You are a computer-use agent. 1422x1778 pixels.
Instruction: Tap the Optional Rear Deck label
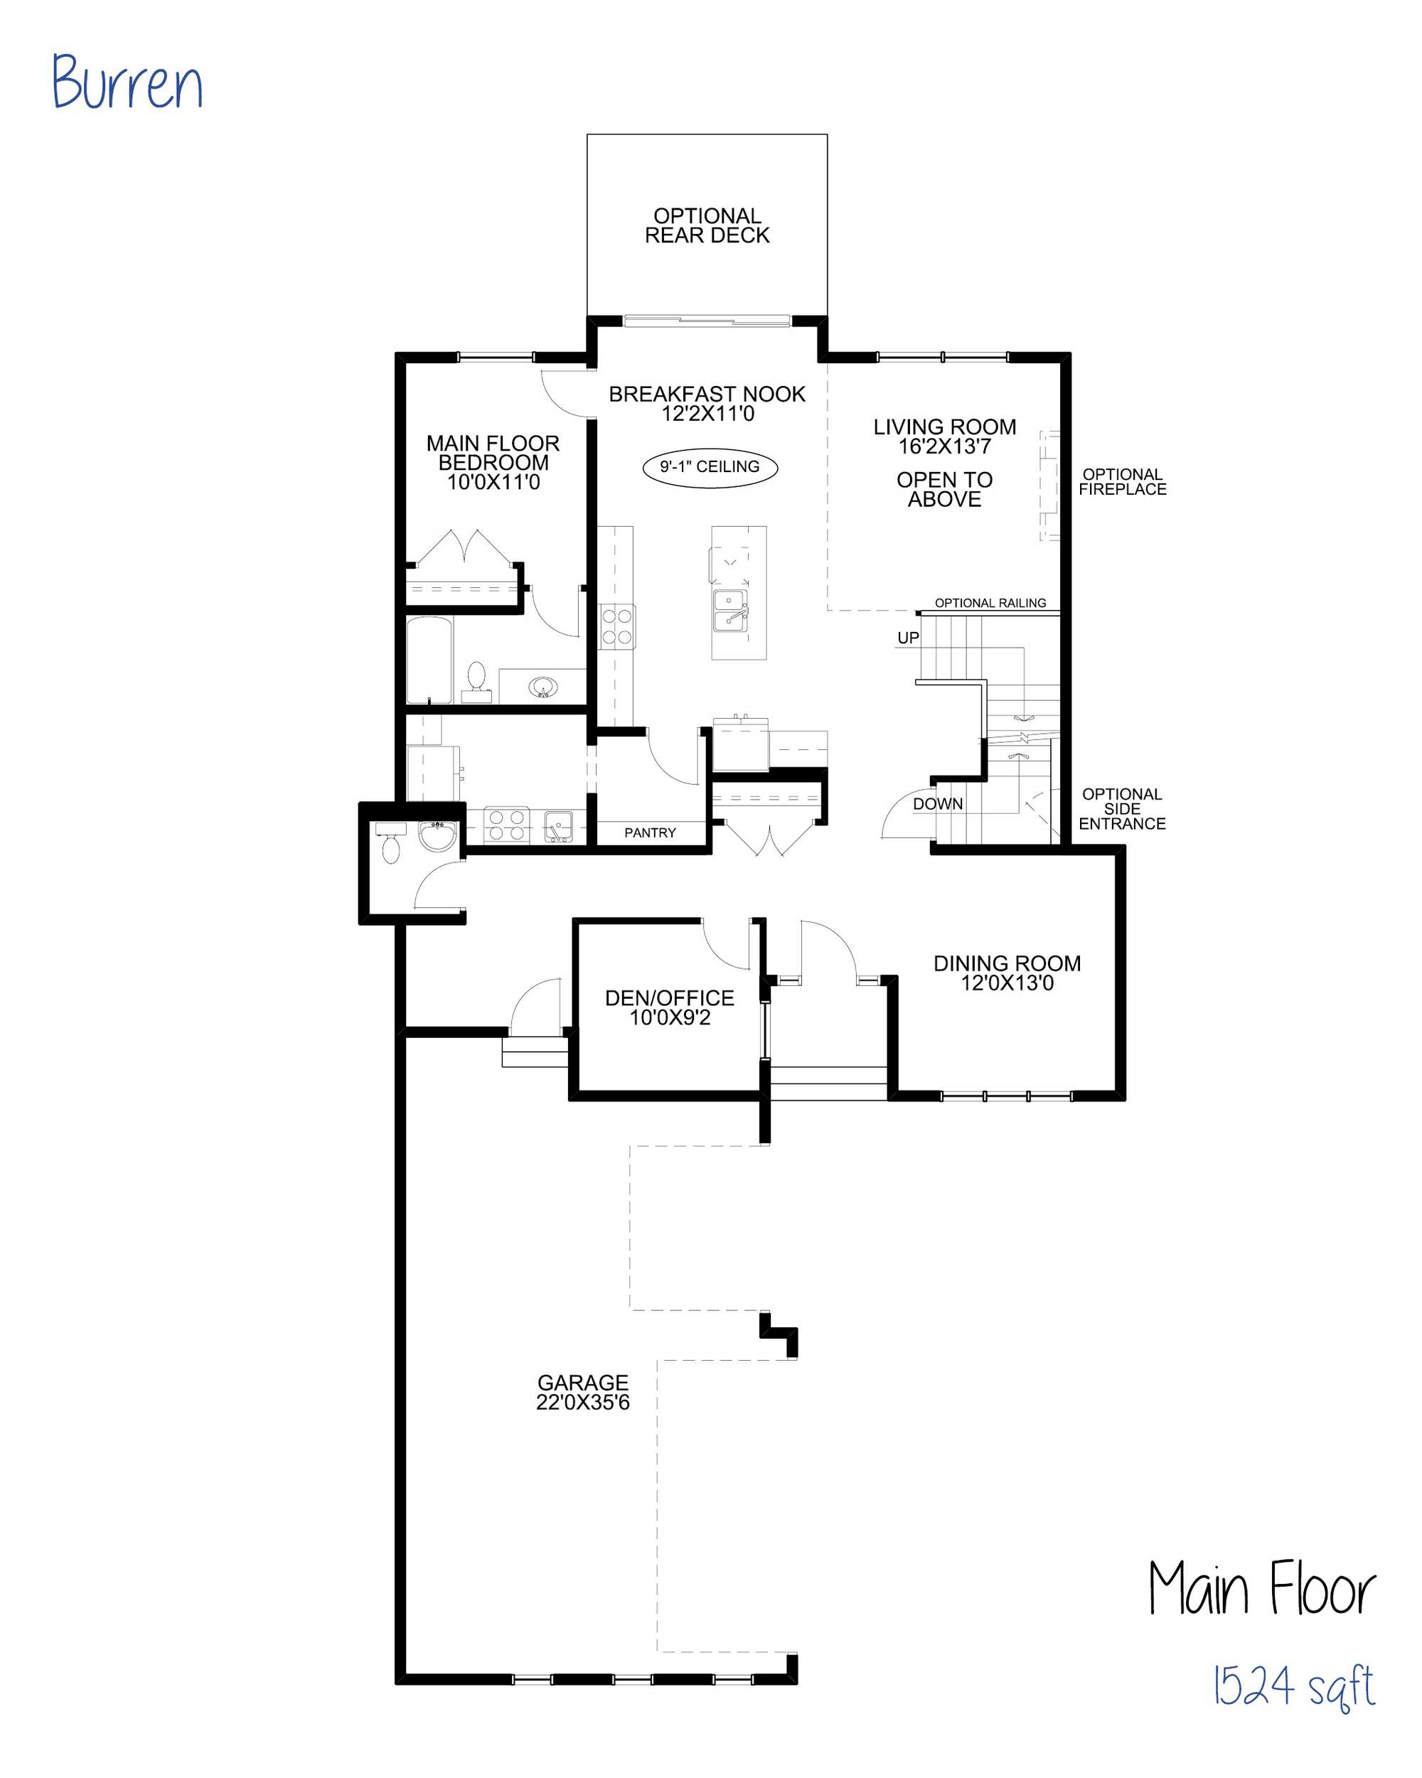pos(707,226)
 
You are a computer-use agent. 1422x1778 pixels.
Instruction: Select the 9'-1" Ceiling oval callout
pos(710,468)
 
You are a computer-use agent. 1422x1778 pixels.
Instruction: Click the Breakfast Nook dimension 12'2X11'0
pos(707,414)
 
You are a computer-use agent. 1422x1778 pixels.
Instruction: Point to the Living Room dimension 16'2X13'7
pos(944,447)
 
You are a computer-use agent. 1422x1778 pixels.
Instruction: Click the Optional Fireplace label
pos(1123,481)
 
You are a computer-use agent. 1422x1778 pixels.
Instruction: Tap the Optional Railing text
pos(990,603)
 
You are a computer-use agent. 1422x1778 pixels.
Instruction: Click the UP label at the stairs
pos(907,638)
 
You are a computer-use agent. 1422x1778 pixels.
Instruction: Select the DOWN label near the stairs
pos(938,804)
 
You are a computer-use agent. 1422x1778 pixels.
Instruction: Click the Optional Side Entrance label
pos(1122,809)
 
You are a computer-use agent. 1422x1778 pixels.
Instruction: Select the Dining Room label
pos(1007,963)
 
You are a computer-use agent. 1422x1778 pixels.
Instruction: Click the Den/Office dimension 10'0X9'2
pos(670,1017)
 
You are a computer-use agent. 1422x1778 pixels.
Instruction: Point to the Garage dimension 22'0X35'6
pos(583,1403)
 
